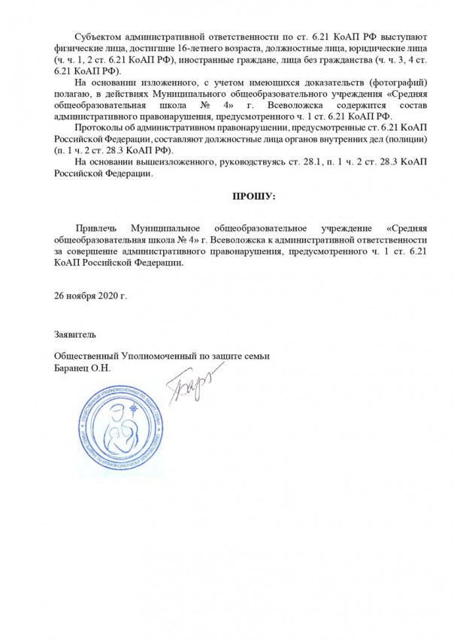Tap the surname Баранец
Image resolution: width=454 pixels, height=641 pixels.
[72, 367]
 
